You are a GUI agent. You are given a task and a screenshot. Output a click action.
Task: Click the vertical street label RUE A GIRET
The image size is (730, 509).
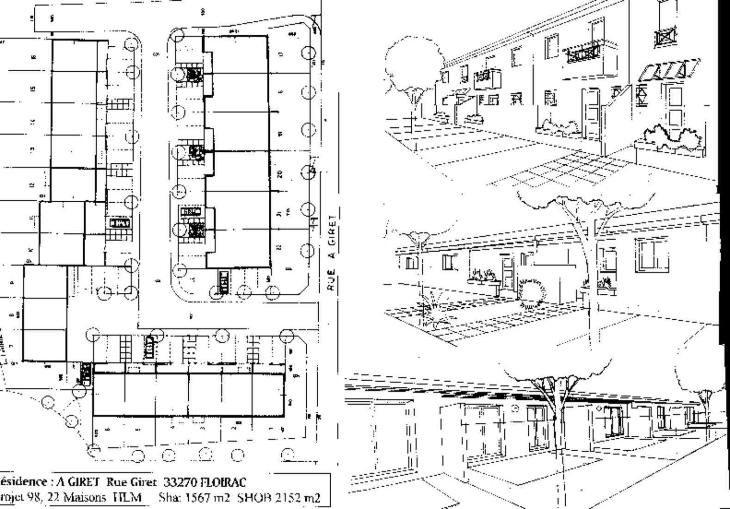[x=332, y=253]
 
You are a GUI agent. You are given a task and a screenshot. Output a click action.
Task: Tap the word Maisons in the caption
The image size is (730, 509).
[x=83, y=497]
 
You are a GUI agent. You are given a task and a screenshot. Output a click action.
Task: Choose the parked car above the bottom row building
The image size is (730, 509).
[x=149, y=347]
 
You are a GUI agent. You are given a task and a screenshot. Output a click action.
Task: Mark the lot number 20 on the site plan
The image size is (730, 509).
[x=279, y=174]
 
